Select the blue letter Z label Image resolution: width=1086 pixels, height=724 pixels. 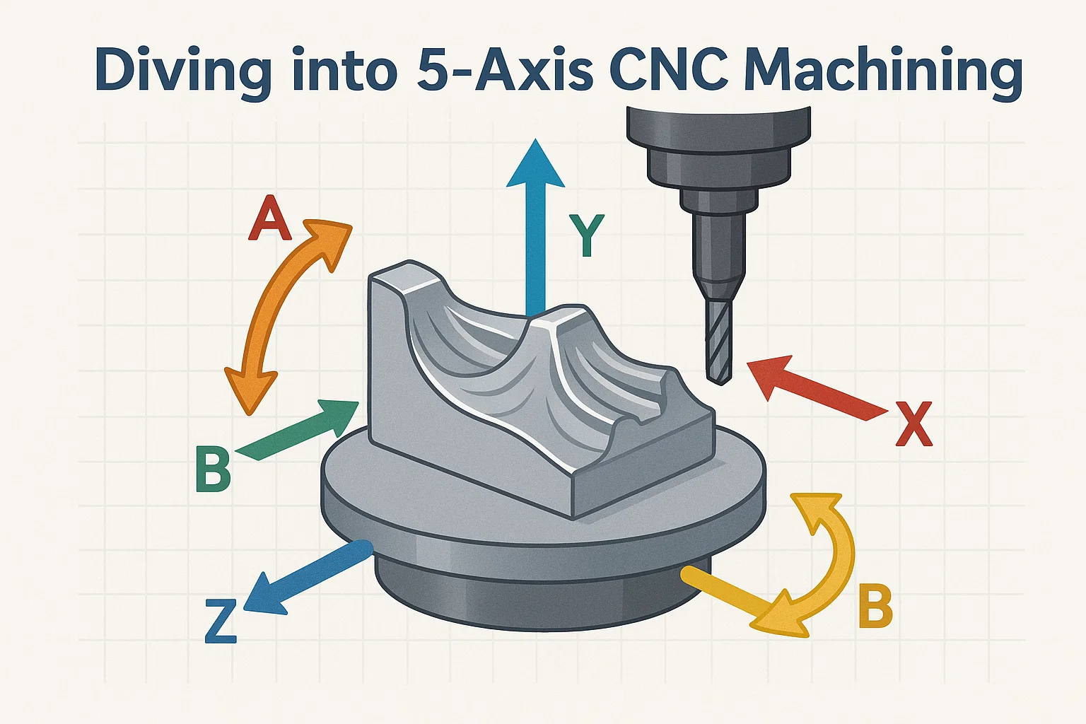(x=221, y=621)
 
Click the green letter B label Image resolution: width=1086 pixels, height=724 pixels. (x=212, y=469)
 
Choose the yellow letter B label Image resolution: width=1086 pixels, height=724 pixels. (x=875, y=606)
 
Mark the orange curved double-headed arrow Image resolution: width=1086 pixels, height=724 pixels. (x=283, y=315)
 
